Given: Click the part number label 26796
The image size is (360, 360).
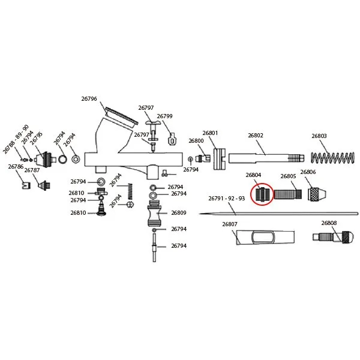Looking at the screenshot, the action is (89, 99).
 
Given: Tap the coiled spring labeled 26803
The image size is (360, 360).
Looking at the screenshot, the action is (332, 157).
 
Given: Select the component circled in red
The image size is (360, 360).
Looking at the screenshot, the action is (262, 194).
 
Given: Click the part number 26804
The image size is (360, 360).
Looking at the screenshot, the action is (253, 175).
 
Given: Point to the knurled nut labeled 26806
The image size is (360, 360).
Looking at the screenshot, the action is (317, 194).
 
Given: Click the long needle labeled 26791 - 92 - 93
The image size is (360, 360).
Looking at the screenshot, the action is (278, 214).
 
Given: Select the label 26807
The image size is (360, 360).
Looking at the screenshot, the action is (230, 224).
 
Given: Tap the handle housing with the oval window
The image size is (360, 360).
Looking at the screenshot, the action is (265, 237).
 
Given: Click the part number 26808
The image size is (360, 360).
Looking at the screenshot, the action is (329, 223).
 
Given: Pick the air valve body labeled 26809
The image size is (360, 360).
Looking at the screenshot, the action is (154, 213).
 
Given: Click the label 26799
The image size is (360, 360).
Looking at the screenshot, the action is (164, 116).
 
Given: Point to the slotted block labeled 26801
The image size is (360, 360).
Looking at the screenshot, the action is (220, 159).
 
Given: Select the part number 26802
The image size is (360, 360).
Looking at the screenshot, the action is (256, 136).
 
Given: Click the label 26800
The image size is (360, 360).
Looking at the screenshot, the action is (196, 141).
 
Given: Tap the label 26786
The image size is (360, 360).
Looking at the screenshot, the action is (16, 166).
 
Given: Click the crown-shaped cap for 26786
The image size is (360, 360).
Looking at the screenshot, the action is (26, 185).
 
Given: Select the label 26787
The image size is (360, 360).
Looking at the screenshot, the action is (32, 170).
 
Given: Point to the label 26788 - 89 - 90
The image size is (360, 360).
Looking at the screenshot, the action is (16, 139).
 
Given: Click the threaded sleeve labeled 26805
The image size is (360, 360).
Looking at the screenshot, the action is (288, 194).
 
